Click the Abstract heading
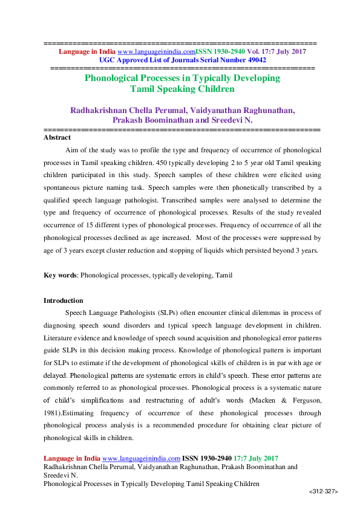coord(57,138)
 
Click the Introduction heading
coord(64,300)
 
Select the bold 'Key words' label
coord(61,275)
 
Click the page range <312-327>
coord(323,493)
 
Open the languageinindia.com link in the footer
coord(142,459)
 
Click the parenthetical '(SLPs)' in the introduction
coord(169,313)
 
